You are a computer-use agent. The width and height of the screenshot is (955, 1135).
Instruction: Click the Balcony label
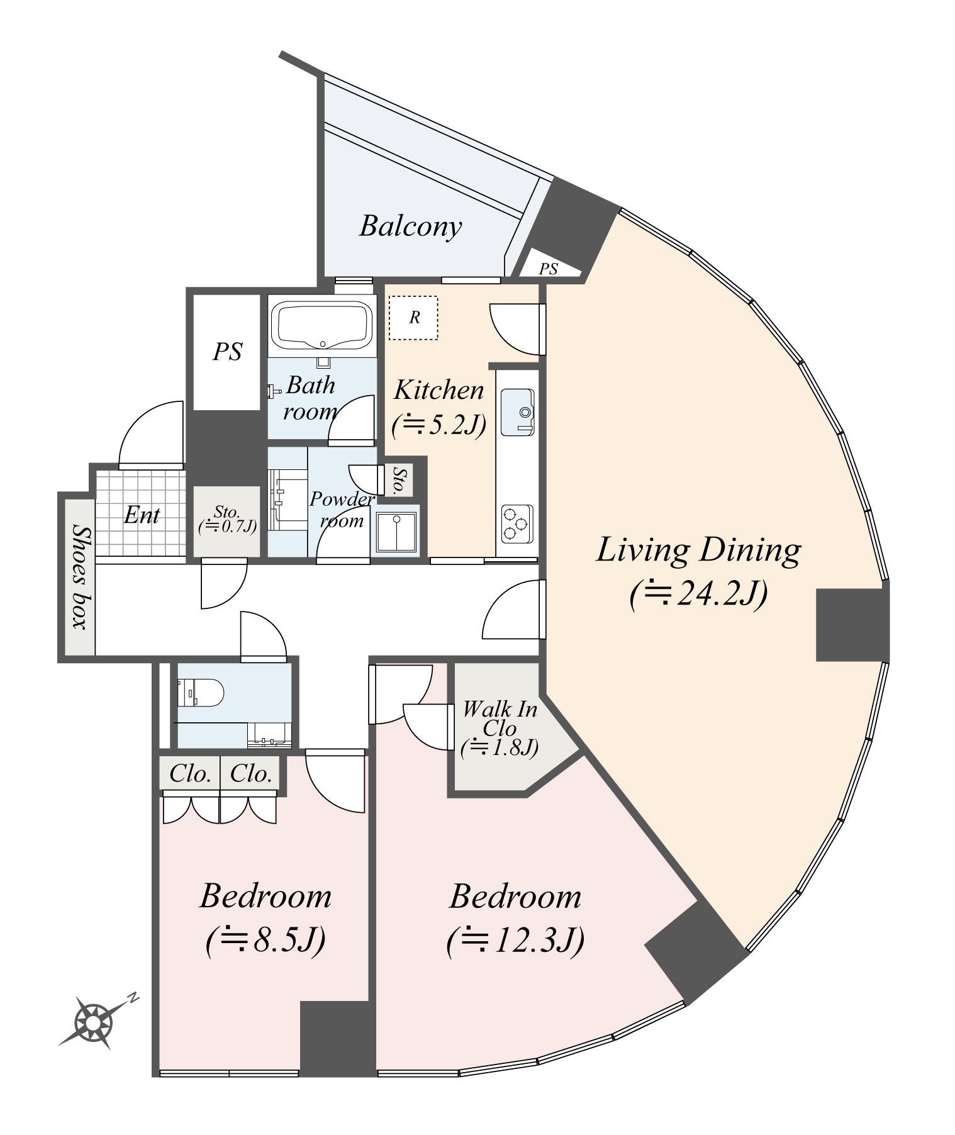coord(410,226)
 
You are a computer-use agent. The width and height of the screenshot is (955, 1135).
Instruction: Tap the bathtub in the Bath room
coord(322,325)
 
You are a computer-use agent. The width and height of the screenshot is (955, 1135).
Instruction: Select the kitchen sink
coord(518,412)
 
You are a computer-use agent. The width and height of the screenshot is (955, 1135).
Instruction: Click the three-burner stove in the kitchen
coord(517,523)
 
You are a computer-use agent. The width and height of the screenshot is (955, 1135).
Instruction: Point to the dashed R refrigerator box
coord(413,318)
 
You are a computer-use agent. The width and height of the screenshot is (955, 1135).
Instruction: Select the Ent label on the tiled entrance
coord(142,515)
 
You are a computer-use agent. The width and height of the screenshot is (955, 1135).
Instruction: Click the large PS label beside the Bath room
coord(227,352)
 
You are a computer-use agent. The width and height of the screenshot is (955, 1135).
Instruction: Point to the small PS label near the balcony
coord(549,269)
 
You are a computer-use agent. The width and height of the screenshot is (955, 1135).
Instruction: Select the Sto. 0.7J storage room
coord(226,520)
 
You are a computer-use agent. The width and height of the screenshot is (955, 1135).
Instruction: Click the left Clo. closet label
coord(189,774)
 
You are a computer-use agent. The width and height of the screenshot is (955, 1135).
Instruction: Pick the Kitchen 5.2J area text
coord(439,426)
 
